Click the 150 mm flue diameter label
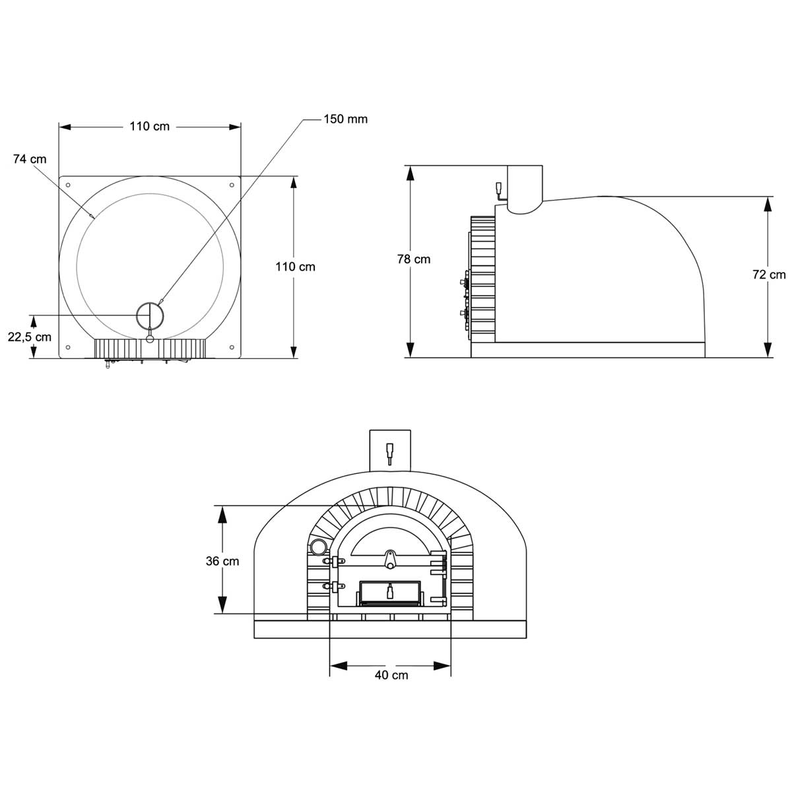345,119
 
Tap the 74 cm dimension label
30,159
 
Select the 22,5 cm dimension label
30,337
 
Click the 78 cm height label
413,259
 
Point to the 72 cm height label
769,275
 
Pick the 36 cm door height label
222,561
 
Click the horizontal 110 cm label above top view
150,126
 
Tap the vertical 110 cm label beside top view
295,267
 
